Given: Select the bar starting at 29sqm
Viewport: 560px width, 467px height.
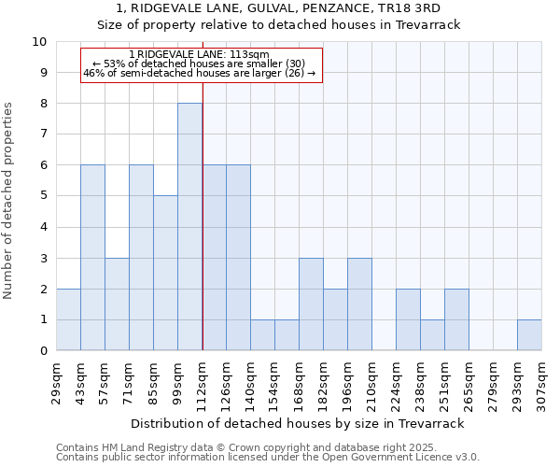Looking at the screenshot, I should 68,319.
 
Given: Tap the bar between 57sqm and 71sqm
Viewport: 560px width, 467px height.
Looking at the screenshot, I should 117,304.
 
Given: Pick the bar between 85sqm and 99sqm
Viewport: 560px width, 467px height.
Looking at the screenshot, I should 165,273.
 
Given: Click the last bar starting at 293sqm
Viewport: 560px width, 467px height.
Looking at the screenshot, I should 529,335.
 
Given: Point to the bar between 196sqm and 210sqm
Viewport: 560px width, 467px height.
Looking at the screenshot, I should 359,304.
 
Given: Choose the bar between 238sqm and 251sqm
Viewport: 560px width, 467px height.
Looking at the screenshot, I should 432,335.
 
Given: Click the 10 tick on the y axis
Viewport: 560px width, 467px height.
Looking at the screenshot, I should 39,42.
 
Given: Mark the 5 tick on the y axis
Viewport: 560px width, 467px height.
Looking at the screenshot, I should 43,196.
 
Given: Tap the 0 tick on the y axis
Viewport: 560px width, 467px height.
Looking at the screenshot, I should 43,351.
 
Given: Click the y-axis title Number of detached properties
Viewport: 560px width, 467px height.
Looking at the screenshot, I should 9,201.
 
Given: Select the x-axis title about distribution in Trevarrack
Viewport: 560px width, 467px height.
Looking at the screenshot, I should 298,423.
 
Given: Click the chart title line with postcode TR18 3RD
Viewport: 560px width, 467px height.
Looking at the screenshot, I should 279,8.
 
